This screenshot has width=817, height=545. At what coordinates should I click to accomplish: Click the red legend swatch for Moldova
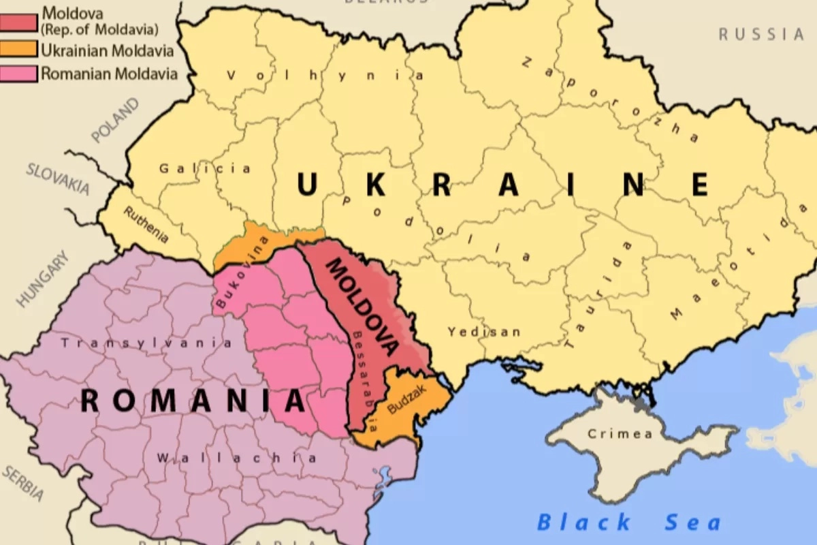(19, 21)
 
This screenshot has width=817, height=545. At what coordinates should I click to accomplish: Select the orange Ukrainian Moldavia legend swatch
(19, 49)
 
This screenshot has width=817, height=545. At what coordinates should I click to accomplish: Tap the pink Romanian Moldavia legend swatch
(19, 73)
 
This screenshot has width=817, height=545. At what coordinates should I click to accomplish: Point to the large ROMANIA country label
(193, 401)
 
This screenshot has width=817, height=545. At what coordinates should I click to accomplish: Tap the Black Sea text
(628, 523)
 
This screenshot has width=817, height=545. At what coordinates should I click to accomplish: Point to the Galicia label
(205, 168)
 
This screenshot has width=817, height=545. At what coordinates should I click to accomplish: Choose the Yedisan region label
(483, 332)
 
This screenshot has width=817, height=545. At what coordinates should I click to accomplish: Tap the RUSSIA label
(761, 34)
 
